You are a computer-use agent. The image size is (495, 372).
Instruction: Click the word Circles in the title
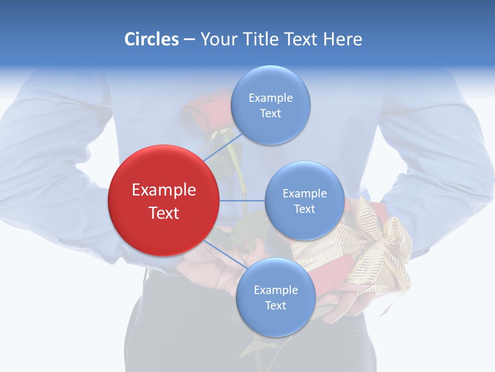point(152,39)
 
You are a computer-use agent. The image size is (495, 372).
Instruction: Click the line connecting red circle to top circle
point(222,148)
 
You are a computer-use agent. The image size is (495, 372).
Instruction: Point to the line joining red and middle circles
point(242,200)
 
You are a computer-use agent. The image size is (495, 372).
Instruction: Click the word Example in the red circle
point(164,190)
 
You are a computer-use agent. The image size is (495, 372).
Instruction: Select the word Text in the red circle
point(164,213)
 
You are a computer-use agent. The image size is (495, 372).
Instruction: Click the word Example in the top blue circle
point(270,98)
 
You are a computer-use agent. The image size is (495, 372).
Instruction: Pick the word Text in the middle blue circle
point(304,209)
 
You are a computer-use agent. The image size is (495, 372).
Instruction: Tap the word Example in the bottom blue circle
point(275,290)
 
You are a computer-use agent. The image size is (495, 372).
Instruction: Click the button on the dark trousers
point(356,334)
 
